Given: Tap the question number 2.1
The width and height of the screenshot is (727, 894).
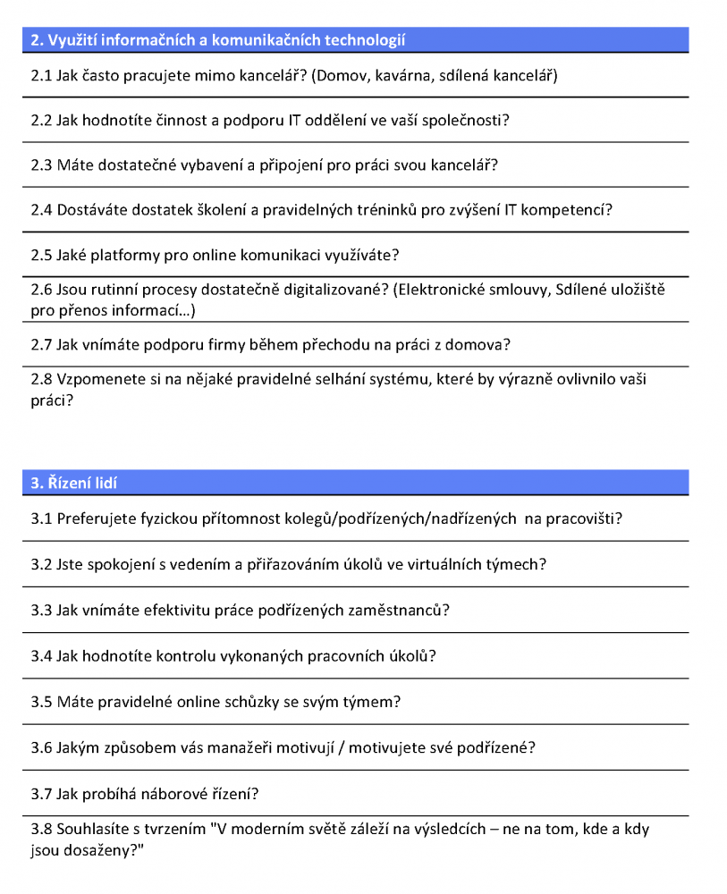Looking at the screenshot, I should point(41,76).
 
